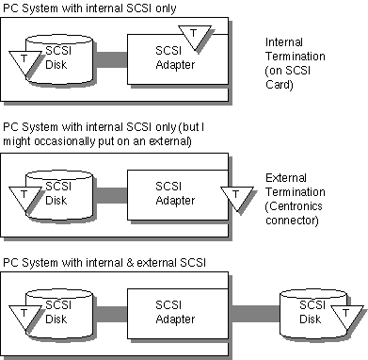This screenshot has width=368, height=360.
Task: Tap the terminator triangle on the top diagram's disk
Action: (24, 62)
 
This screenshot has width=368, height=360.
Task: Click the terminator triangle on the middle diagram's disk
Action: (24, 198)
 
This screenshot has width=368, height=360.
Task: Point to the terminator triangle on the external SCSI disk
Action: (346, 317)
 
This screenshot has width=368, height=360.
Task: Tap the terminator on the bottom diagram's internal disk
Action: (24, 317)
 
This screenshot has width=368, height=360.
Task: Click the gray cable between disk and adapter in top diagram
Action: (111, 59)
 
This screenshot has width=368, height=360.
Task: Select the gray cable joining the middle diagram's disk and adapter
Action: (111, 195)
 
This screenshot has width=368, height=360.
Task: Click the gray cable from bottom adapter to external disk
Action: (255, 314)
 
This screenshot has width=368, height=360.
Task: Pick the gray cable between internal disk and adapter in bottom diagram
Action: (111, 314)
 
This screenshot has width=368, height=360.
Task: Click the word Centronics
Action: (294, 206)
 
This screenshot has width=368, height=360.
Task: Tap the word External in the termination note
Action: (286, 178)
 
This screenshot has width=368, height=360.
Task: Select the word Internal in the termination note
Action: (284, 42)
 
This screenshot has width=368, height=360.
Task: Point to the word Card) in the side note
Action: (280, 85)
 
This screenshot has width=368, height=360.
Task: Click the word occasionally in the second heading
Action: (64, 141)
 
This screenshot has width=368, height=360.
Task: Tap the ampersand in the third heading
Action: (130, 263)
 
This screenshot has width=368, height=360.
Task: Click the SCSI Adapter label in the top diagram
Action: (175, 57)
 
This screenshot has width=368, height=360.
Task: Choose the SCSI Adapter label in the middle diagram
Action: (175, 193)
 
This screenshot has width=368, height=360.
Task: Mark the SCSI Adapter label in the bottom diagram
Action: (175, 312)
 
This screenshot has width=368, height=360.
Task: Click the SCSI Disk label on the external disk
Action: (312, 312)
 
